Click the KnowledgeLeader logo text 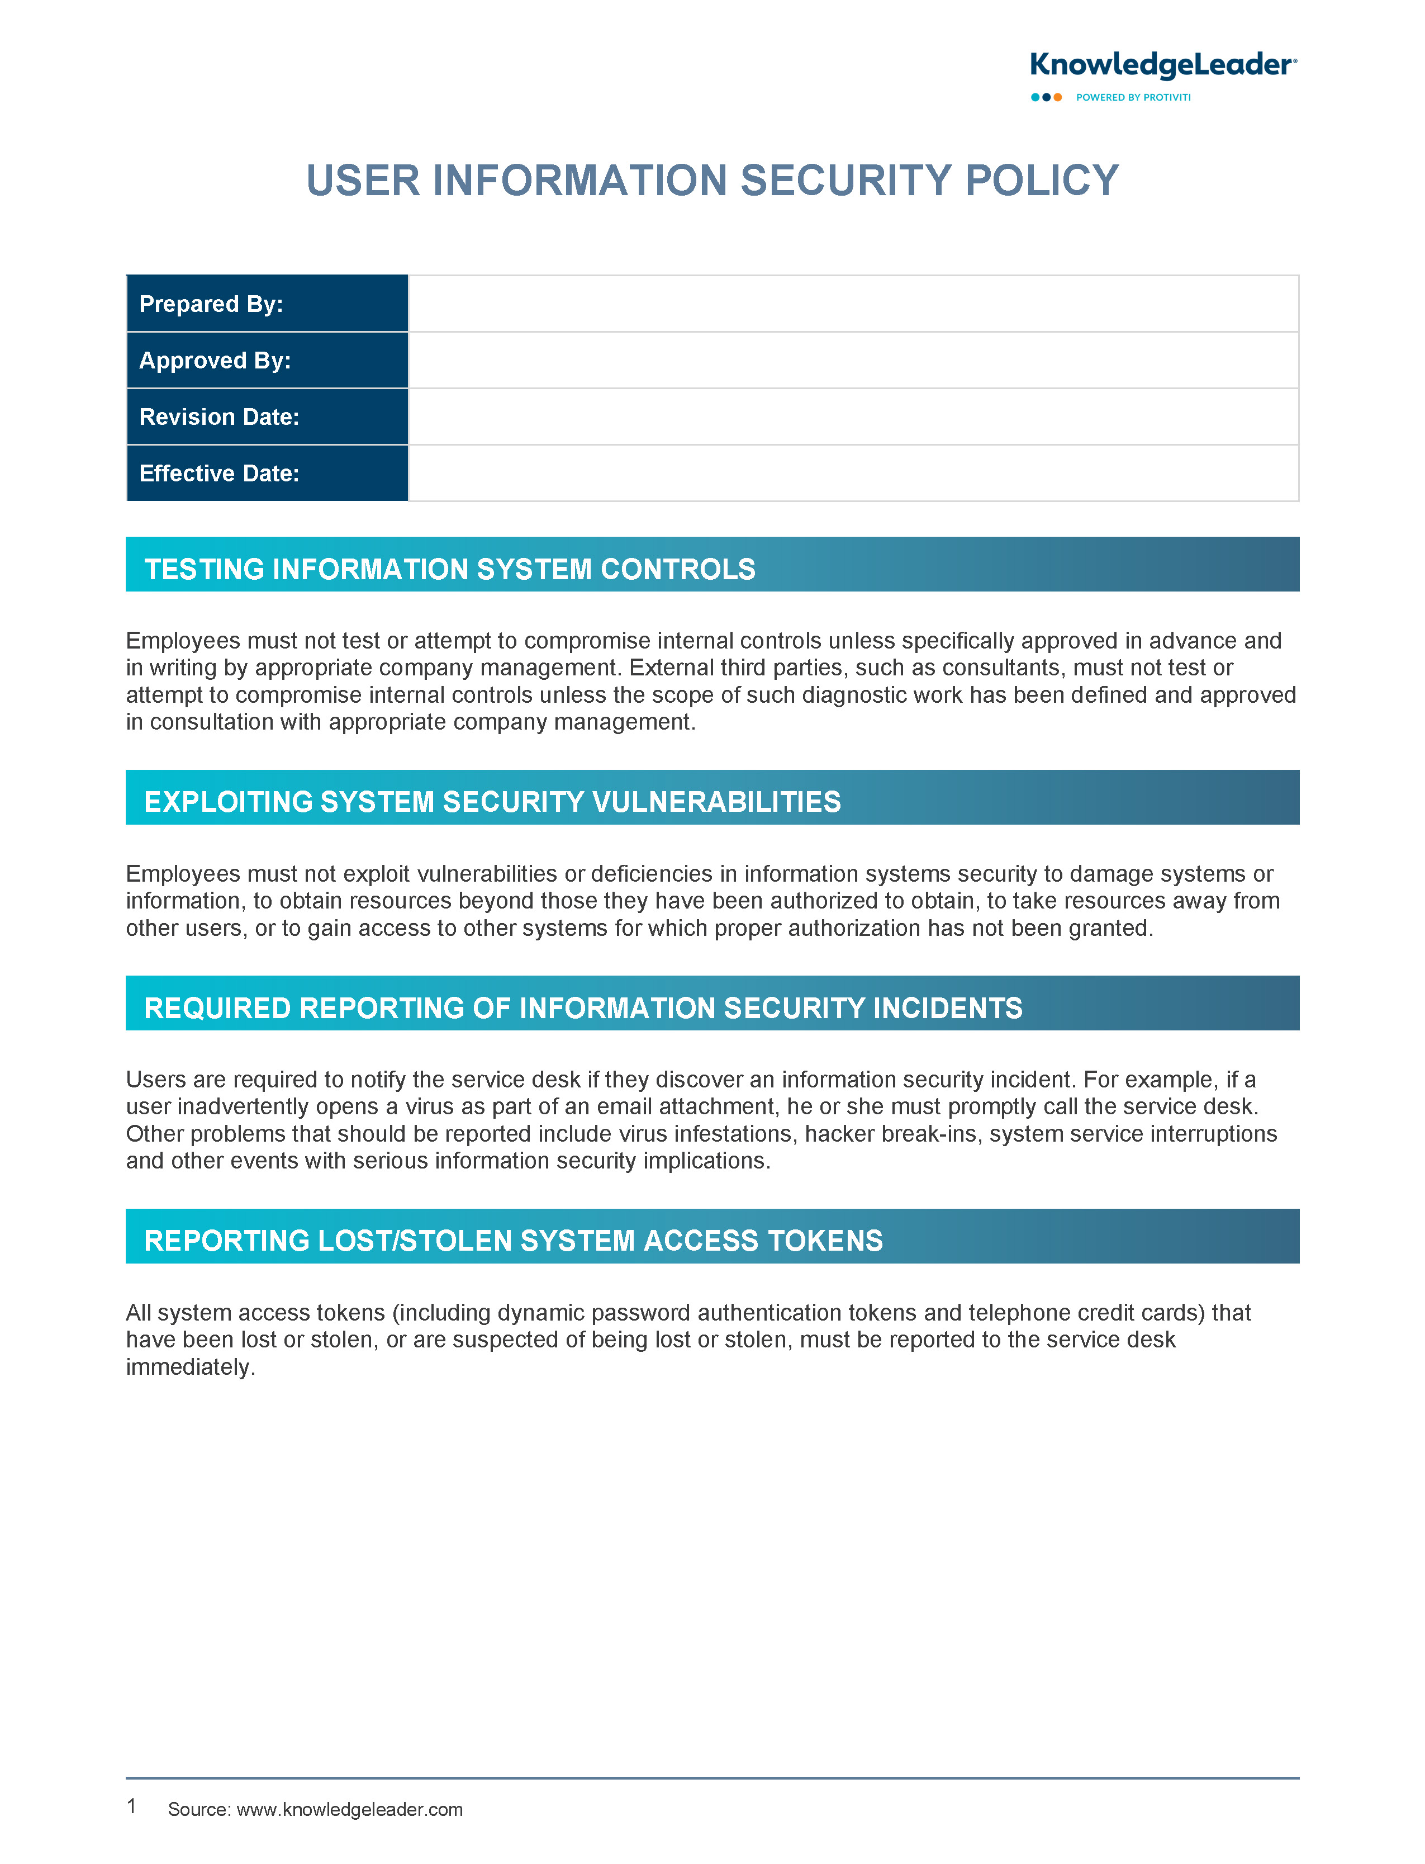pyautogui.click(x=1161, y=65)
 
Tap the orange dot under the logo pyautogui.click(x=1058, y=98)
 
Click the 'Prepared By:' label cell pyautogui.click(x=267, y=304)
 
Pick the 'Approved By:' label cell pyautogui.click(x=267, y=361)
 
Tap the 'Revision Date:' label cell pyautogui.click(x=267, y=417)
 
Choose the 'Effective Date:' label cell pyautogui.click(x=267, y=474)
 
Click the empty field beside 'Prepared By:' pyautogui.click(x=852, y=304)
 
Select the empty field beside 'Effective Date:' pyautogui.click(x=852, y=474)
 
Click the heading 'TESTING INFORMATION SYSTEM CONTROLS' pyautogui.click(x=449, y=569)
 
